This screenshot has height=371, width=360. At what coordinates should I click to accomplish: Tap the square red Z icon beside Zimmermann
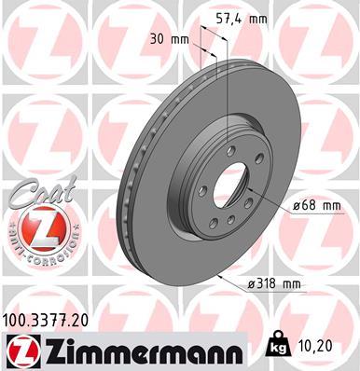coord(20,351)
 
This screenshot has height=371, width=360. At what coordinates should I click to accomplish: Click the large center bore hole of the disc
coord(228,185)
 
